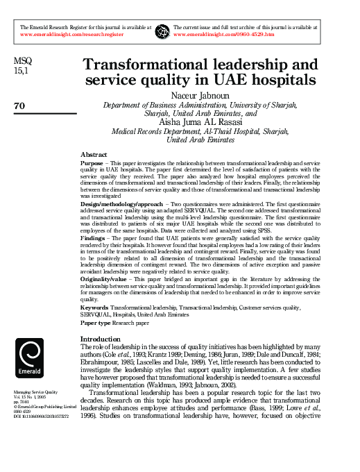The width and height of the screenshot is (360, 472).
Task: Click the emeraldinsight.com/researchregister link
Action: pyautogui.click(x=71, y=34)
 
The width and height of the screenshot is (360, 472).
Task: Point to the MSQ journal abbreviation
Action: pyautogui.click(x=22, y=62)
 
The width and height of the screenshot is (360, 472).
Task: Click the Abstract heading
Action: pyautogui.click(x=94, y=155)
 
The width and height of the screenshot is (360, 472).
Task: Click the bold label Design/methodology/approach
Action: pyautogui.click(x=122, y=205)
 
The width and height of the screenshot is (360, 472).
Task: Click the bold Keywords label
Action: pyautogui.click(x=95, y=306)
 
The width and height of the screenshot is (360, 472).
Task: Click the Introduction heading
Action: pyautogui.click(x=101, y=339)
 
